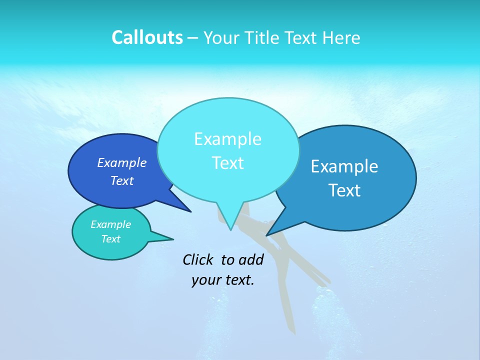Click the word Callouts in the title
pyautogui.click(x=147, y=37)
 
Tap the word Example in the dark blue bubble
pyautogui.click(x=122, y=162)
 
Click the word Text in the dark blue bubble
pyautogui.click(x=122, y=180)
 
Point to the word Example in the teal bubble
pyautogui.click(x=110, y=224)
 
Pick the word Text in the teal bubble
pyautogui.click(x=110, y=239)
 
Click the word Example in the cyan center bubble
pyautogui.click(x=227, y=139)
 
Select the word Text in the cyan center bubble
pyautogui.click(x=227, y=163)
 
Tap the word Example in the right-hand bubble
pyautogui.click(x=344, y=166)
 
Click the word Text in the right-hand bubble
pyautogui.click(x=344, y=190)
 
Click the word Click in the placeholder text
pyautogui.click(x=198, y=259)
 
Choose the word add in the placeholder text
pyautogui.click(x=251, y=259)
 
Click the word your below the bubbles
pyautogui.click(x=206, y=280)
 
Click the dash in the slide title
pyautogui.click(x=193, y=38)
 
